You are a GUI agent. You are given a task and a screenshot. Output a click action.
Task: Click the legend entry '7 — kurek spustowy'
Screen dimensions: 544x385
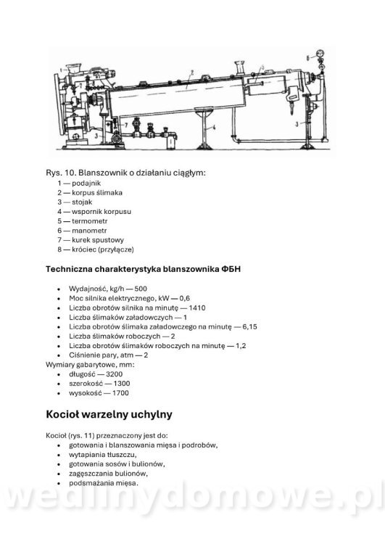click(x=92, y=239)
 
